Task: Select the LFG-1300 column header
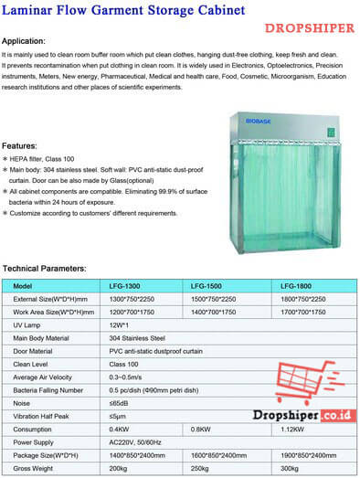[125, 285]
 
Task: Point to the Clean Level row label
[33, 364]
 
